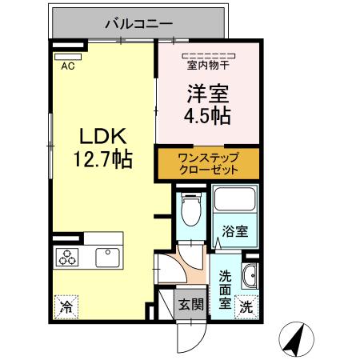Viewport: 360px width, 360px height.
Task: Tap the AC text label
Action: point(68,66)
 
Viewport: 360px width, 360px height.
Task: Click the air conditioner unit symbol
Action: point(63,56)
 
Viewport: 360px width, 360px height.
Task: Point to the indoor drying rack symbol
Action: point(207,54)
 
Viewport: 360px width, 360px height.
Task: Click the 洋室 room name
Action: point(206,93)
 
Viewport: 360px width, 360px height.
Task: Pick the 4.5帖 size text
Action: point(206,116)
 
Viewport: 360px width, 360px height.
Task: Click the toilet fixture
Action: point(190,211)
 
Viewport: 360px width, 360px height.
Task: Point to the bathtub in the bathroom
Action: point(233,204)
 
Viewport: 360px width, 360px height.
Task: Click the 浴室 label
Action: point(234,230)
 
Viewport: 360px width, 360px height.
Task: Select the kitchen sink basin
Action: point(106,257)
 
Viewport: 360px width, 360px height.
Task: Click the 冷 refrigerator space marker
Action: point(66,306)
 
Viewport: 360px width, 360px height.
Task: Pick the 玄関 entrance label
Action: point(190,305)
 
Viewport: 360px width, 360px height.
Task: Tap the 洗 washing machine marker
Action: point(247,306)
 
